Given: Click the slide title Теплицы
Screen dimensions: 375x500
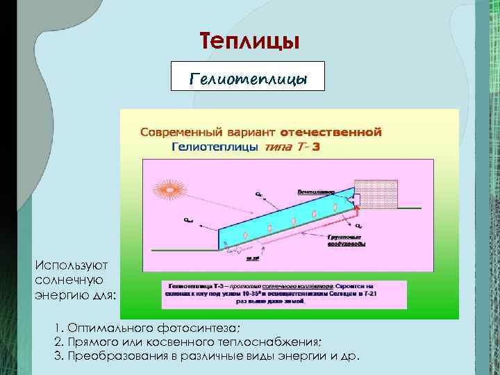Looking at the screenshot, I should [x=249, y=41].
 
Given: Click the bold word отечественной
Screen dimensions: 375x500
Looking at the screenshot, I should [x=331, y=131].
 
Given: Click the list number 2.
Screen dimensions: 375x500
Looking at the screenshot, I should [x=57, y=342].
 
